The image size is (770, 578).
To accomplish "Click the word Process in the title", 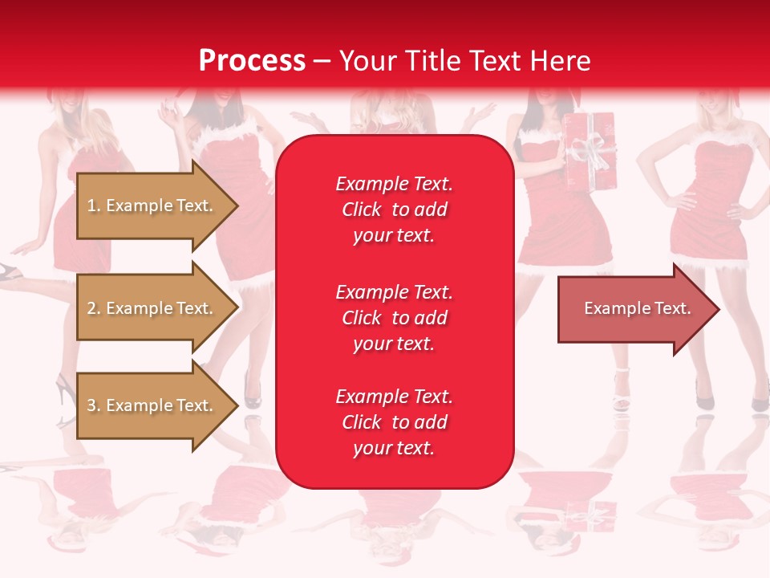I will coord(252,61).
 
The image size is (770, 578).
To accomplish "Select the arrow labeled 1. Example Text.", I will coord(152,206).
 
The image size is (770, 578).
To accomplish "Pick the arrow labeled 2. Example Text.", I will coord(152,308).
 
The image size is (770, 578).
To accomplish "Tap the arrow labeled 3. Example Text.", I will coord(152,405).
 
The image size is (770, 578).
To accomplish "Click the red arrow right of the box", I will coord(634,308).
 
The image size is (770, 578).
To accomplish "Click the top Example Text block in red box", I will coord(394,210).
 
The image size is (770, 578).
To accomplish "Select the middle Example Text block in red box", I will coord(394,318).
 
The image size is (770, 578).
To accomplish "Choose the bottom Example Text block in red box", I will coord(394,422).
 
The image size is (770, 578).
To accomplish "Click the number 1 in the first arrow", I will coord(91,206).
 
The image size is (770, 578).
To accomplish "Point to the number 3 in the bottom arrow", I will coord(91,405).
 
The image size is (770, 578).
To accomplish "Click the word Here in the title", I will coord(561,61).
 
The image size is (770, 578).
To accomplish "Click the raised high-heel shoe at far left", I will coord(10,271).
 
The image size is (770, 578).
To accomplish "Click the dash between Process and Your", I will coord(322,61).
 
